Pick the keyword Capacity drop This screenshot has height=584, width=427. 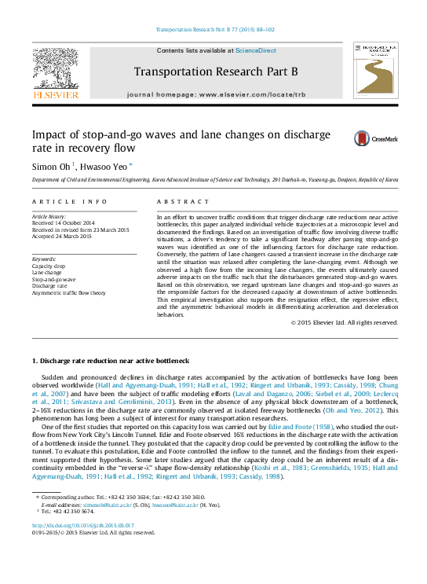49,266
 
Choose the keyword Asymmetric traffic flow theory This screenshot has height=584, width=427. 68,292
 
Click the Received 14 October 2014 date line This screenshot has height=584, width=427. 64,223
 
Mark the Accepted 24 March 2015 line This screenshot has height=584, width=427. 61,236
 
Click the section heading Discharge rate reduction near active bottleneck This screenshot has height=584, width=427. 110,360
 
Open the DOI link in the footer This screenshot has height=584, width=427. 82,526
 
